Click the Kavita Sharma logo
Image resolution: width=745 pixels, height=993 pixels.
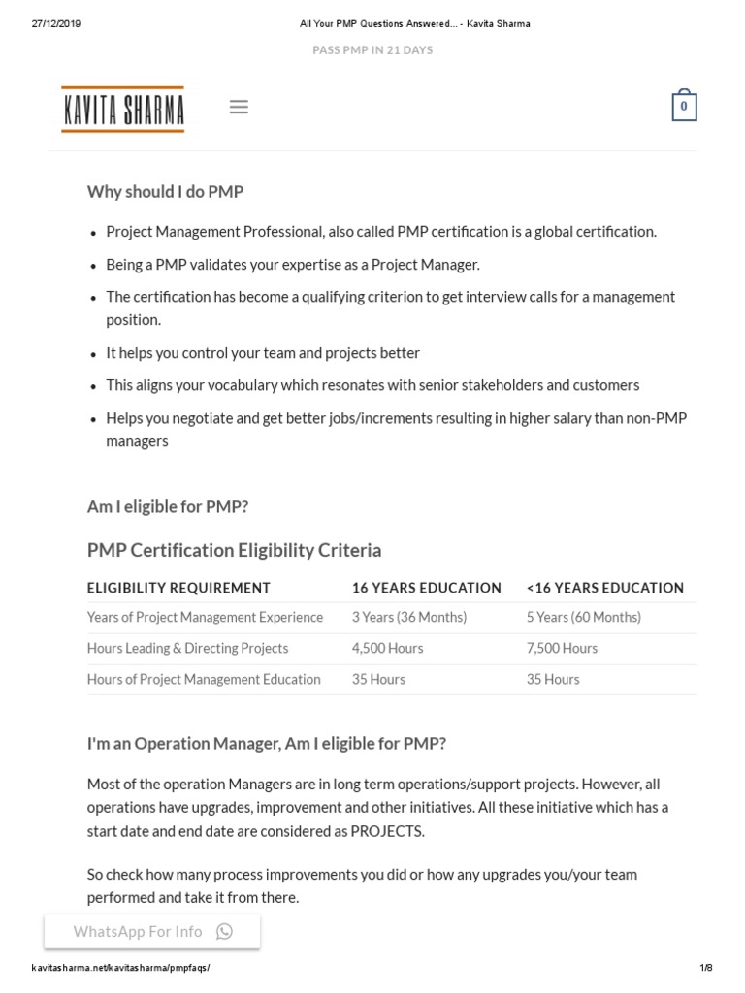(x=122, y=109)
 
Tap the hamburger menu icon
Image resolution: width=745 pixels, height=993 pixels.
(x=239, y=108)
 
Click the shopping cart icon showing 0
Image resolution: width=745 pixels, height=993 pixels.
(x=684, y=107)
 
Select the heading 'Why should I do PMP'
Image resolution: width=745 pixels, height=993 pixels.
(x=165, y=192)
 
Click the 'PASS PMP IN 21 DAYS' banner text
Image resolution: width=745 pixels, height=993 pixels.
(x=372, y=50)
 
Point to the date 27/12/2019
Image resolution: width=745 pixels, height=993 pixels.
(x=56, y=24)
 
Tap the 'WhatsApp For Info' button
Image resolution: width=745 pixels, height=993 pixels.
(x=152, y=932)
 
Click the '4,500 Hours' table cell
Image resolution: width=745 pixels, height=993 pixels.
(x=387, y=649)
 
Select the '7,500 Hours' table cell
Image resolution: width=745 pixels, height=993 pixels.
(x=562, y=649)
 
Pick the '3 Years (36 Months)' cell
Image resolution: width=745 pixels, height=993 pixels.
(x=408, y=618)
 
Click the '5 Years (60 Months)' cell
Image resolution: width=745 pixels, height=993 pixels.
(x=583, y=618)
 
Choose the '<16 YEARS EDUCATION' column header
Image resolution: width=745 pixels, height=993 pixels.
(x=604, y=588)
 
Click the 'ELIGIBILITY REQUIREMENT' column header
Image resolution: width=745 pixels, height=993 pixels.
(x=178, y=588)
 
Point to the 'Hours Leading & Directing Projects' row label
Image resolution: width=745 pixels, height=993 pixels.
(x=187, y=649)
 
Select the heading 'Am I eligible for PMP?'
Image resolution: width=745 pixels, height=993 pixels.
(x=168, y=507)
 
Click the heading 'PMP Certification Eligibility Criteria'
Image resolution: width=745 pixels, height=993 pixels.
(x=234, y=551)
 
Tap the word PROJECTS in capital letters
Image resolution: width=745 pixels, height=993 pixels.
(x=387, y=831)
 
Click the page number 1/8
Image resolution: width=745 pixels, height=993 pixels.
(x=705, y=968)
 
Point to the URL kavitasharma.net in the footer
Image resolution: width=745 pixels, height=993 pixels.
(x=120, y=968)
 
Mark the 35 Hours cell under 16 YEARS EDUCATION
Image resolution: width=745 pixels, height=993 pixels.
(x=378, y=680)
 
